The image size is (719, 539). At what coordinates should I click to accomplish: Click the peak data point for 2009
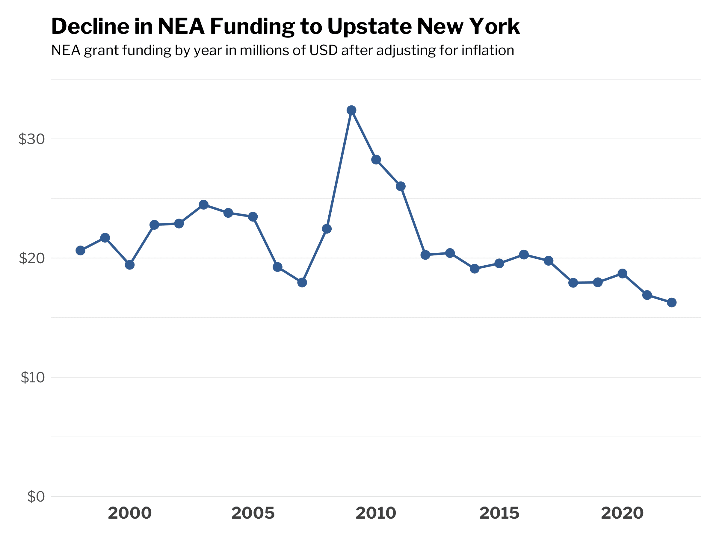[351, 110]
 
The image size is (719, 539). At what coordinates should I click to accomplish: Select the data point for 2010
[376, 160]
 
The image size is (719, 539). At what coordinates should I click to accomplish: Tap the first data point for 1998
[80, 251]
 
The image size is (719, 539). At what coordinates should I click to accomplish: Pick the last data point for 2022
[672, 302]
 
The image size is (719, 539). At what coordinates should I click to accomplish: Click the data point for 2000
[130, 265]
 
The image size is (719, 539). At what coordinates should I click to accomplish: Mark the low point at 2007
[302, 283]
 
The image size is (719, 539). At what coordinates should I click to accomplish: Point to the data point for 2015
[499, 263]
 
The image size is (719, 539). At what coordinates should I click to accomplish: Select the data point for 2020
[623, 274]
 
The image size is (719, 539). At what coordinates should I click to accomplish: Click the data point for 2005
[253, 217]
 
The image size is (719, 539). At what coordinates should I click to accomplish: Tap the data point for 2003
[203, 205]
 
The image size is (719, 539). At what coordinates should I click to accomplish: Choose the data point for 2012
[425, 255]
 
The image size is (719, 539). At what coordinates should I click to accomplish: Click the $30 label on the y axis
[31, 139]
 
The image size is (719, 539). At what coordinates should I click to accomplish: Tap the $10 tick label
[32, 378]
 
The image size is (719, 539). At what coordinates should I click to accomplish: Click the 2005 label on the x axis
[253, 514]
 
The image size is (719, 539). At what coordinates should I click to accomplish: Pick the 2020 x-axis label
[623, 514]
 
